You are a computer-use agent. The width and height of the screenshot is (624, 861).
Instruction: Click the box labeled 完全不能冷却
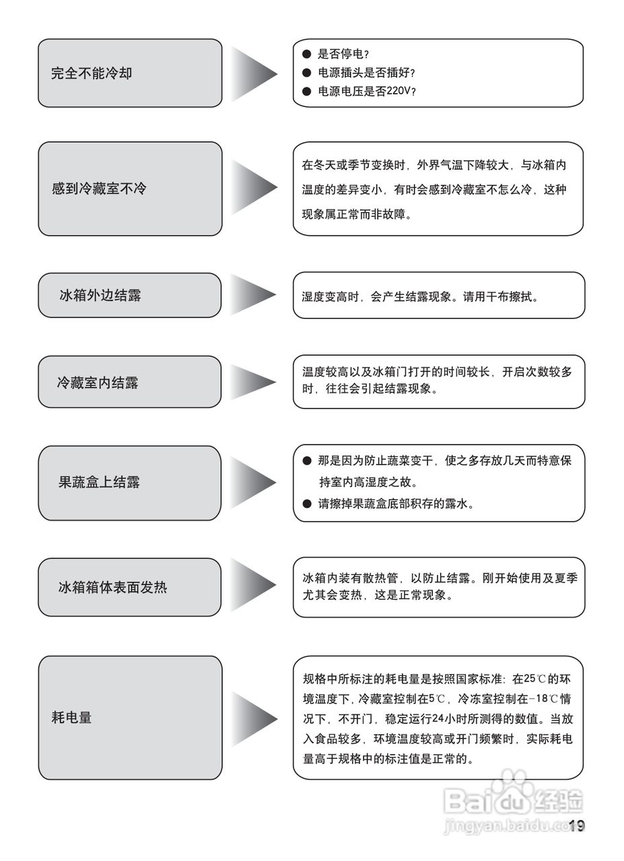tap(129, 73)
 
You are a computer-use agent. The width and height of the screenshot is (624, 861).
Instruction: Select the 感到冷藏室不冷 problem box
tap(129, 188)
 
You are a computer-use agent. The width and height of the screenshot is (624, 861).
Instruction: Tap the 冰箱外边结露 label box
tap(129, 295)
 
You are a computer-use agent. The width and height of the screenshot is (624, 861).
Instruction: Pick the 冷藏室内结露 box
tap(129, 382)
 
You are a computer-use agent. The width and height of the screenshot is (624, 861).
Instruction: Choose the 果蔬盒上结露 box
tap(129, 482)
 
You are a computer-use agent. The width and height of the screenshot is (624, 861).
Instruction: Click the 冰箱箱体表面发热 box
tap(129, 587)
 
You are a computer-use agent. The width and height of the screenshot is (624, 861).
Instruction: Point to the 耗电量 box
tap(129, 718)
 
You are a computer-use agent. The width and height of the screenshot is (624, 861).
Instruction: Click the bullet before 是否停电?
tap(307, 54)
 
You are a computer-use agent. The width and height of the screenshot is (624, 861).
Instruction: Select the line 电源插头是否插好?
tap(366, 73)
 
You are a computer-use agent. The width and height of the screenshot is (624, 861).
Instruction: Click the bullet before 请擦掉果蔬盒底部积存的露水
tap(307, 503)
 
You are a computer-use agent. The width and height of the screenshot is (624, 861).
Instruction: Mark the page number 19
tap(577, 826)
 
